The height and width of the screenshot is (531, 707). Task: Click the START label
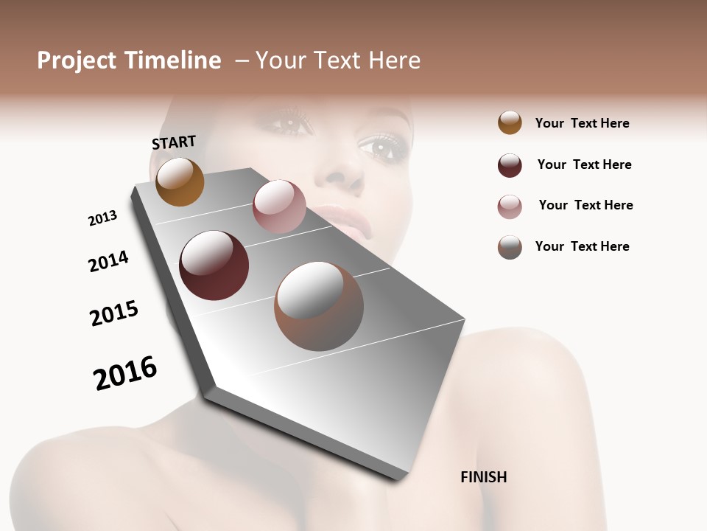point(174,142)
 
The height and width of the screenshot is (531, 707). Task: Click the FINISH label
point(483,477)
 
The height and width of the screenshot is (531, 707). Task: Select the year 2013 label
point(102,218)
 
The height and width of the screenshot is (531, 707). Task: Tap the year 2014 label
point(108,261)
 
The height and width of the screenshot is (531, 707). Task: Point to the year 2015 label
point(114,313)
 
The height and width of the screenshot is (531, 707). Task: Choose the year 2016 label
point(125,373)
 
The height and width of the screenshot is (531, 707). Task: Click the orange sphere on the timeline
point(180,181)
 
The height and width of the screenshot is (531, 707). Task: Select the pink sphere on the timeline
point(279,206)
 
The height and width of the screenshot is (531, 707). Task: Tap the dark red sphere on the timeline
point(214,265)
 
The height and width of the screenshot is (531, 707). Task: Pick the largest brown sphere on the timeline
point(319,306)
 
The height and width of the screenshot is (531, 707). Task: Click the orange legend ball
point(510,122)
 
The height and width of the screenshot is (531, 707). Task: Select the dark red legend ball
point(510,165)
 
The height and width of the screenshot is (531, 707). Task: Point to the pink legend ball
point(510,206)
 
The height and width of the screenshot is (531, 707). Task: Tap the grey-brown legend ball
point(510,247)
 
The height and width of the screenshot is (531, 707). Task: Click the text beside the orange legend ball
point(582,123)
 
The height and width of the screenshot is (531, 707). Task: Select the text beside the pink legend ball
point(585,205)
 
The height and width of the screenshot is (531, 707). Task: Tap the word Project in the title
point(77,60)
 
